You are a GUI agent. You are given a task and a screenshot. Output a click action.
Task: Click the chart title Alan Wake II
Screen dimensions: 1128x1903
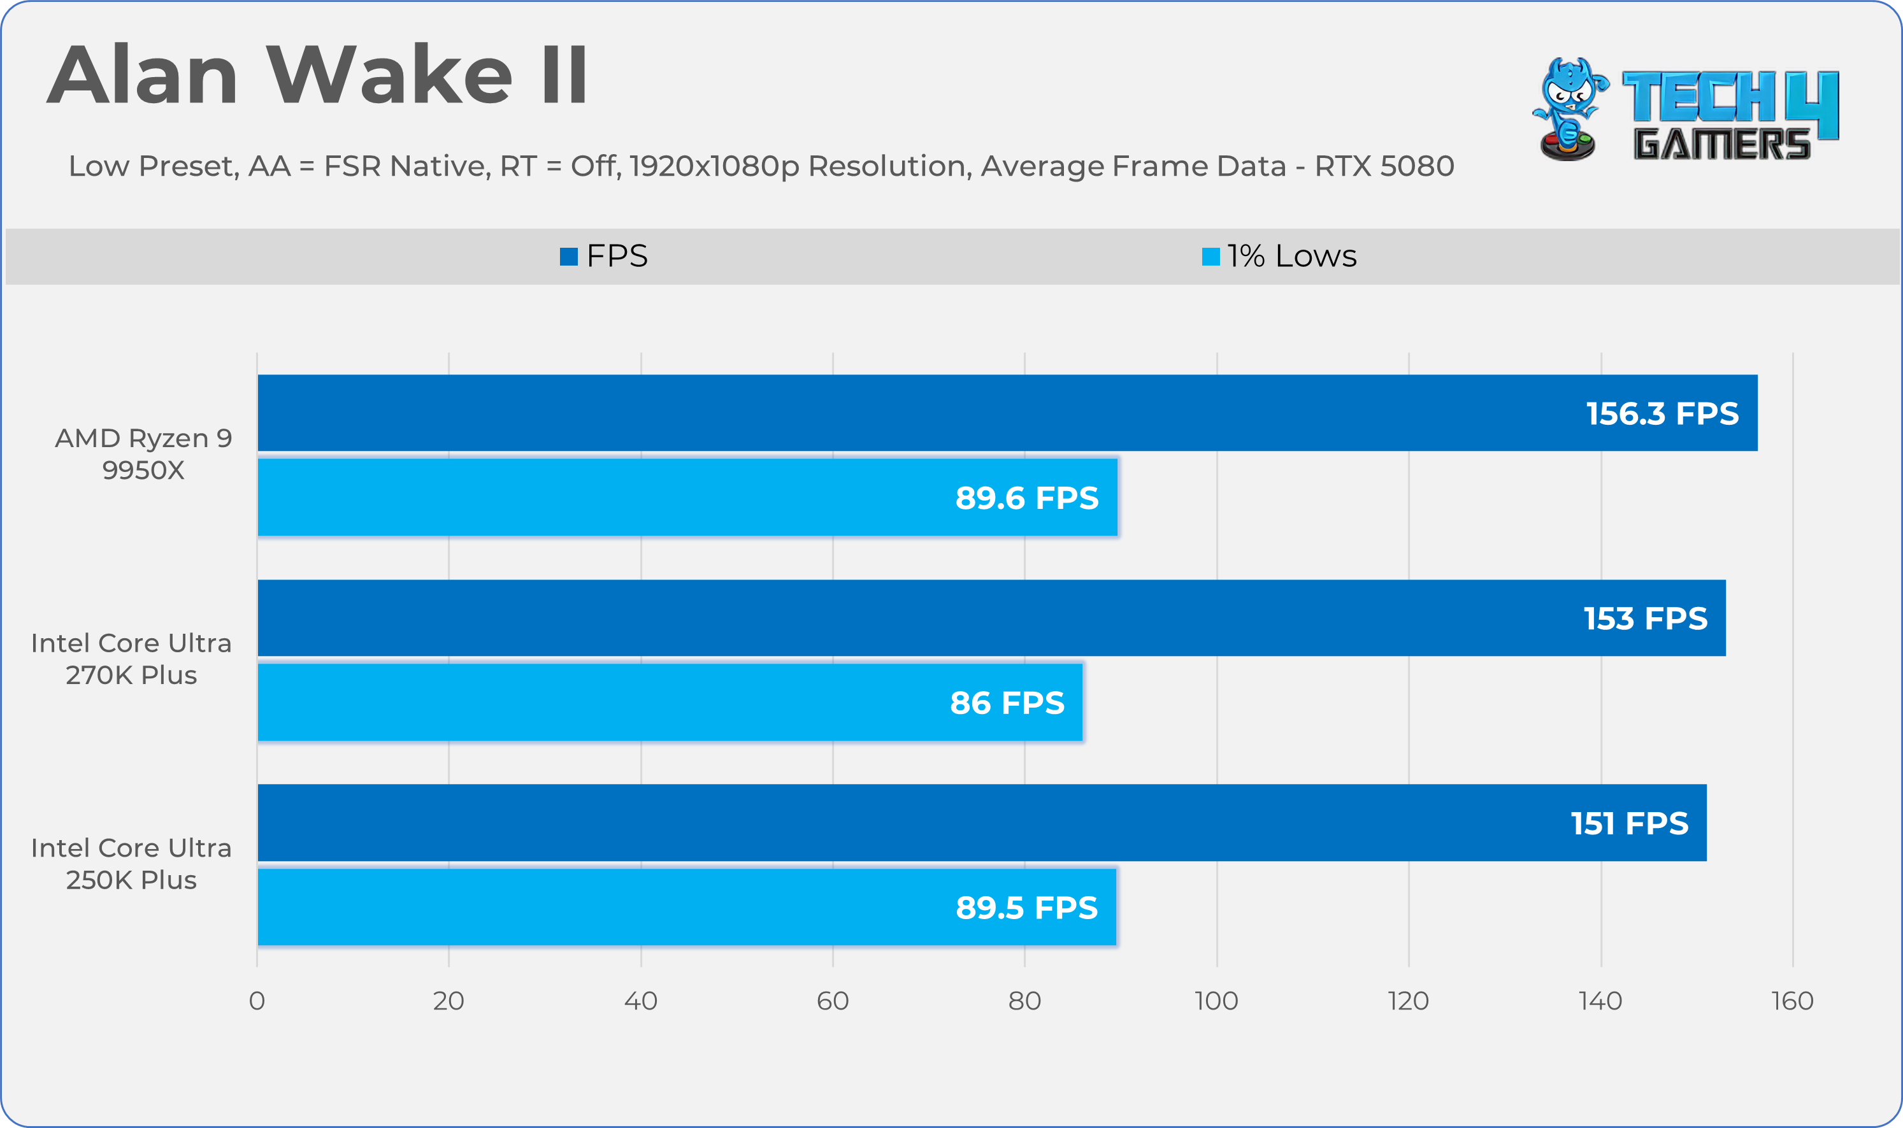pyautogui.click(x=317, y=75)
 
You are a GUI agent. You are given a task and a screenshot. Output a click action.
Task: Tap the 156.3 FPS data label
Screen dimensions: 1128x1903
pyautogui.click(x=1662, y=413)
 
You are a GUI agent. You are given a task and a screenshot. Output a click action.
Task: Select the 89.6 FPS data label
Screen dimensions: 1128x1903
pyautogui.click(x=1026, y=498)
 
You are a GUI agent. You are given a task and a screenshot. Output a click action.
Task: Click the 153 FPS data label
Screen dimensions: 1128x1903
pyautogui.click(x=1645, y=618)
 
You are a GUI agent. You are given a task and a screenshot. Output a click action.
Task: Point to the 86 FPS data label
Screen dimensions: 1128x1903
pyautogui.click(x=1007, y=703)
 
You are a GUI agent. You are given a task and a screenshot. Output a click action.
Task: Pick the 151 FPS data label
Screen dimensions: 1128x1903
pyautogui.click(x=1629, y=823)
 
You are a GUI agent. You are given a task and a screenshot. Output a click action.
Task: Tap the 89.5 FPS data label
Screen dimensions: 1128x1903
pyautogui.click(x=1026, y=908)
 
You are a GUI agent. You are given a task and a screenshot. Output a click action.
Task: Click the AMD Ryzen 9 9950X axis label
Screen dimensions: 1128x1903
pyautogui.click(x=143, y=453)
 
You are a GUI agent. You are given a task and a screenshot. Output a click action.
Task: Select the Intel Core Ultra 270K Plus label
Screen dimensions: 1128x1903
pyautogui.click(x=131, y=659)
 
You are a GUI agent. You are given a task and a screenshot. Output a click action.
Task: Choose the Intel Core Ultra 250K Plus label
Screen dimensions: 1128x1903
pyautogui.click(x=131, y=864)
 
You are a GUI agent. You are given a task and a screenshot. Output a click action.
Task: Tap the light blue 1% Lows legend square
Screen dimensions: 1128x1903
pyautogui.click(x=1210, y=257)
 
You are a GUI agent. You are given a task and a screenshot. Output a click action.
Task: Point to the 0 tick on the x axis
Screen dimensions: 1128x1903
pyautogui.click(x=257, y=1001)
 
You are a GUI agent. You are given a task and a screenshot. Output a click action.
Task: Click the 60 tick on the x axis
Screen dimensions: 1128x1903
pyautogui.click(x=833, y=1001)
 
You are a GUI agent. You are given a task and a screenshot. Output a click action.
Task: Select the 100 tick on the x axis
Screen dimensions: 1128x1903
pyautogui.click(x=1216, y=1001)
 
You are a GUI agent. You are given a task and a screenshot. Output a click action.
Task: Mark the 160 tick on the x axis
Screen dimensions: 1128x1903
pyautogui.click(x=1792, y=1001)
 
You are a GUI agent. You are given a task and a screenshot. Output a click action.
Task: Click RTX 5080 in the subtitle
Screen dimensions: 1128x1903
pyautogui.click(x=1384, y=166)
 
